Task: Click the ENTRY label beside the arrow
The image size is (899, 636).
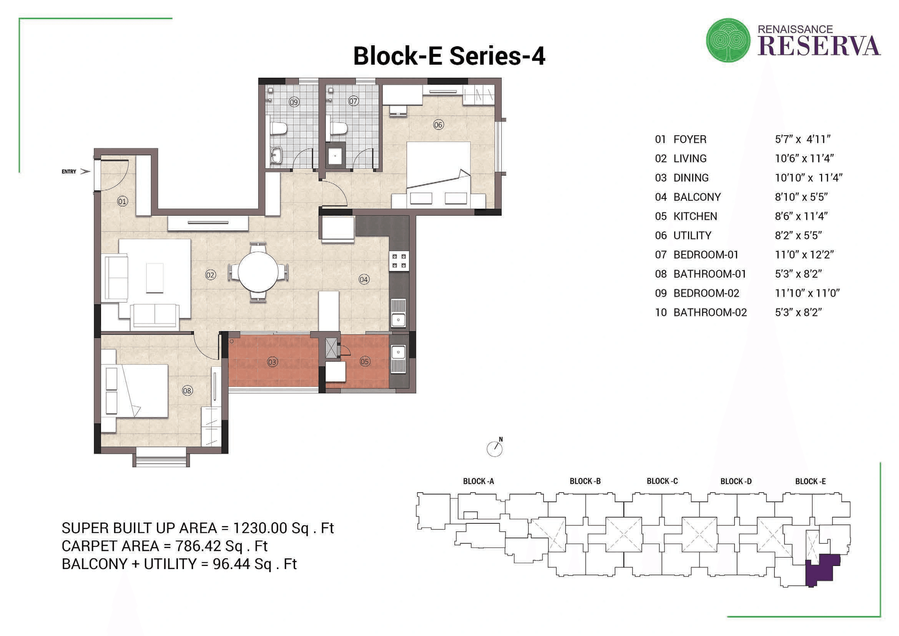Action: click(69, 171)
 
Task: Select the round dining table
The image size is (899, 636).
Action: click(258, 271)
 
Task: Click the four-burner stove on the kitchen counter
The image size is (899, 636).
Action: click(399, 261)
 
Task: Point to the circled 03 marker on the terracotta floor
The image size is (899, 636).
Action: click(273, 362)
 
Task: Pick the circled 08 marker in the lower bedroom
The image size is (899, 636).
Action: click(187, 390)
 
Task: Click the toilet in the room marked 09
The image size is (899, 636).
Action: click(279, 128)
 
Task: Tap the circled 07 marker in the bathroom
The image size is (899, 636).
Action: click(353, 101)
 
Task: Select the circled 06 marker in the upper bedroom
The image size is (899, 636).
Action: click(438, 125)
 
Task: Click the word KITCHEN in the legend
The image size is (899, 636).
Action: click(695, 216)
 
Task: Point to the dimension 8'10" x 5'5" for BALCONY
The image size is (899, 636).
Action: click(801, 197)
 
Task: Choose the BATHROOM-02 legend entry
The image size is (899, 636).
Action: click(710, 313)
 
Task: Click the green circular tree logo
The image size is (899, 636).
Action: click(728, 40)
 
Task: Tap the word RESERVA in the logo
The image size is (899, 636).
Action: click(819, 46)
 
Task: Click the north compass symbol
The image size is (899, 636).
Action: click(495, 448)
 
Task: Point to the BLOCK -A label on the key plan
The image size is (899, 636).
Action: click(478, 481)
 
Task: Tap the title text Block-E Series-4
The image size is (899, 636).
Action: click(449, 56)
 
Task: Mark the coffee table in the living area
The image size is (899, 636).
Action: click(155, 278)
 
